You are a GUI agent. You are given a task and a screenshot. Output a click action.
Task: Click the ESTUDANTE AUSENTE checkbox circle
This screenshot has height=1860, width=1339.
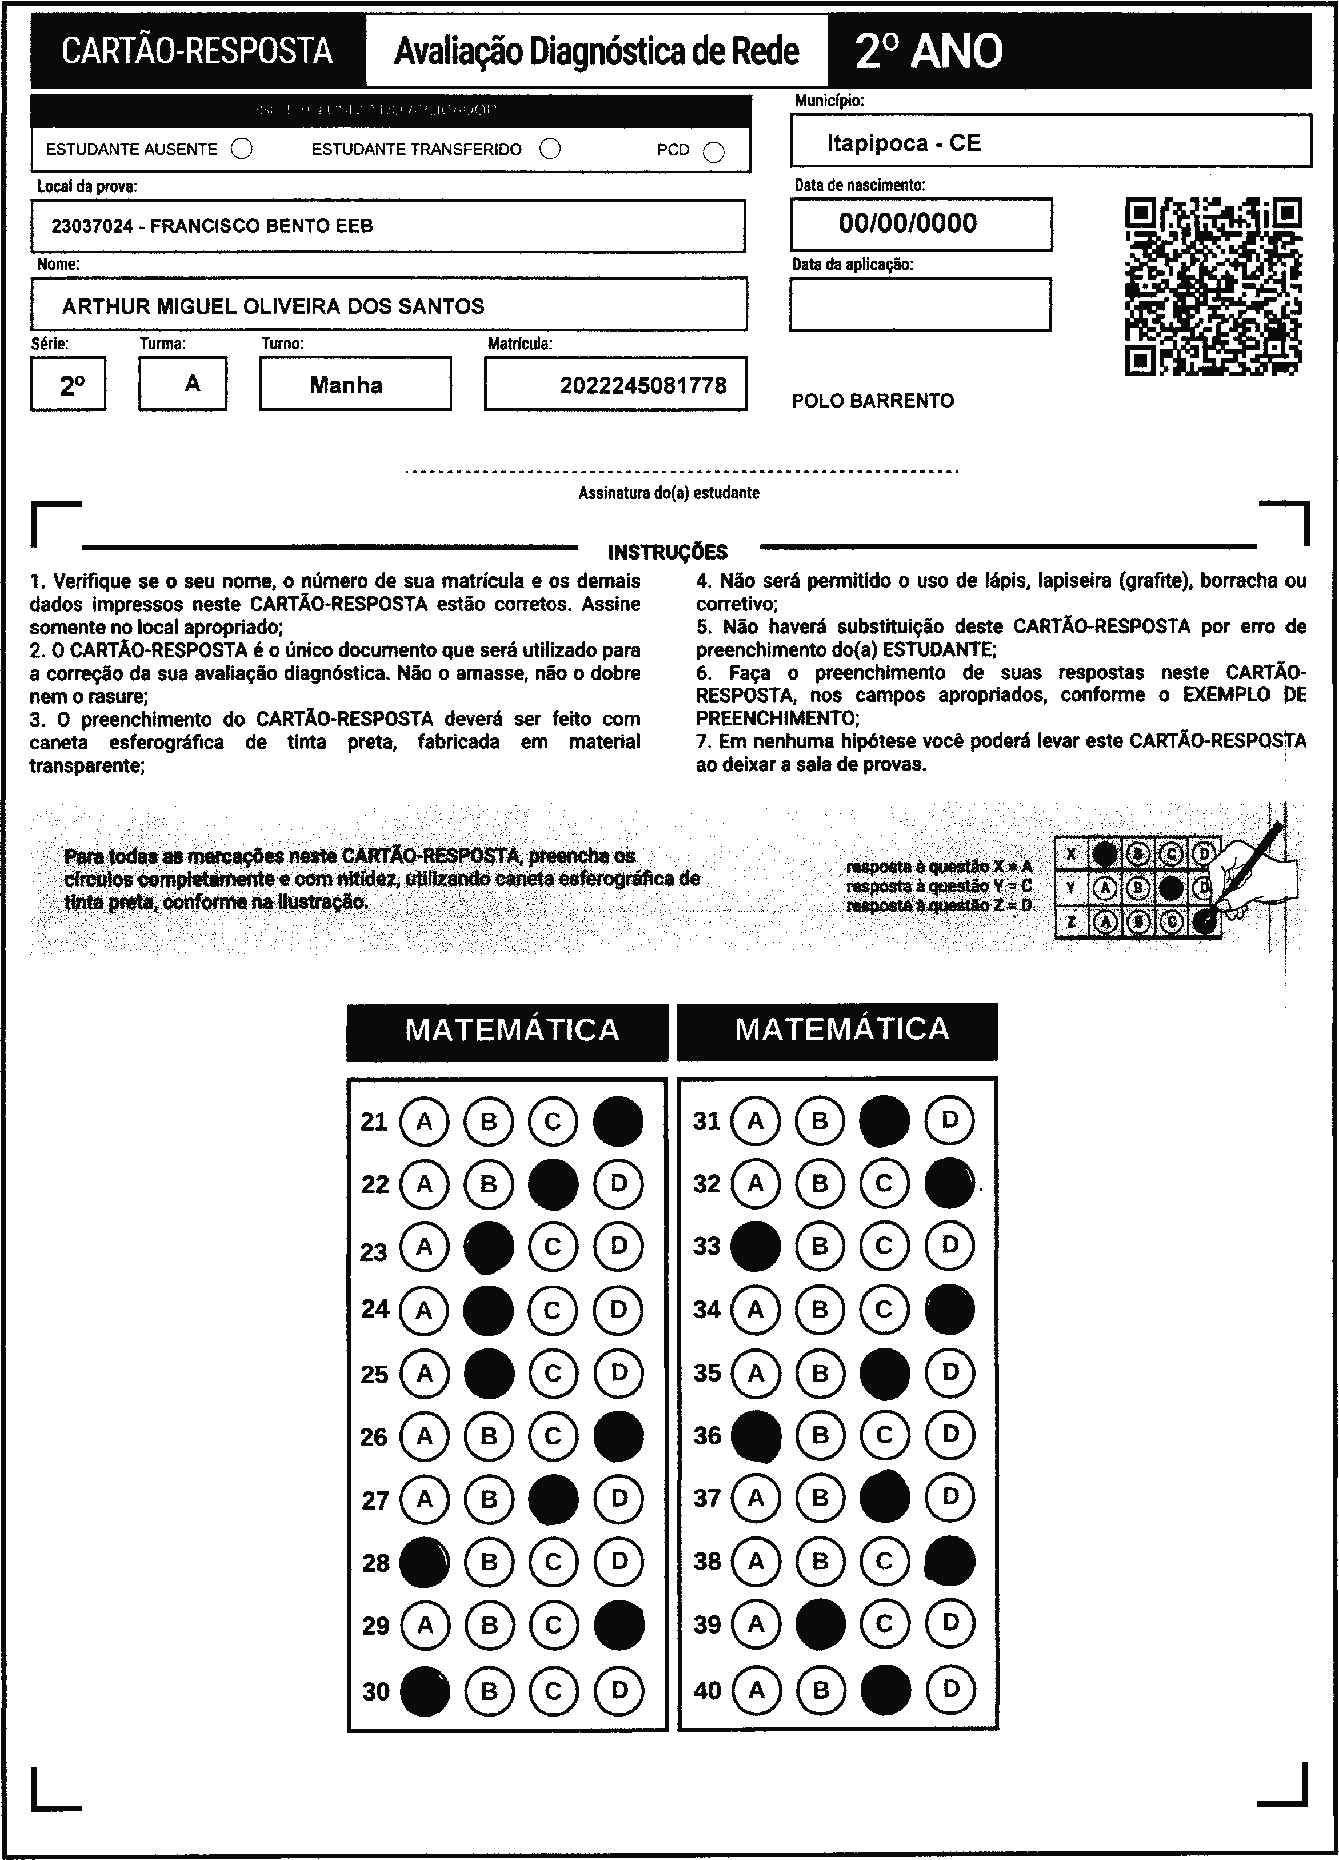pyautogui.click(x=242, y=149)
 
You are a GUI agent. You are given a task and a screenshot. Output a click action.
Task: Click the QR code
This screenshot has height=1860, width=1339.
pyautogui.click(x=1213, y=286)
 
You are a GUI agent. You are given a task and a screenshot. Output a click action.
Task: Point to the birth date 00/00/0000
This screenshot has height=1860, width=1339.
pyautogui.click(x=907, y=223)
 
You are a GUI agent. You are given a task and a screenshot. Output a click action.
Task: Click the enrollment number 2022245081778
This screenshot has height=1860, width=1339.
pyautogui.click(x=643, y=385)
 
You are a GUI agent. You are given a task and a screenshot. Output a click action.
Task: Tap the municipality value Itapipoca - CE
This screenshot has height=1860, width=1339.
pyautogui.click(x=903, y=143)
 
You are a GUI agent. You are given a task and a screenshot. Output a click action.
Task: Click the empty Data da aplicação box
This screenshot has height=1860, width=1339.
pyautogui.click(x=920, y=304)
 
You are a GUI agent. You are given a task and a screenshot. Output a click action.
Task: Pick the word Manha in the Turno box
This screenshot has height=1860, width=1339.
pyautogui.click(x=346, y=385)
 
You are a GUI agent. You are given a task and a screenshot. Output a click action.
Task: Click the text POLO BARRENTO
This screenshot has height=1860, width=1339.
pyautogui.click(x=873, y=401)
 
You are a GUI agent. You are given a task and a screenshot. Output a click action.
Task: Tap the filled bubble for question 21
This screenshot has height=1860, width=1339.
pyautogui.click(x=618, y=1121)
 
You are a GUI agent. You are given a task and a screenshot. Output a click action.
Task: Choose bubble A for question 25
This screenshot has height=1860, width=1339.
pyautogui.click(x=424, y=1373)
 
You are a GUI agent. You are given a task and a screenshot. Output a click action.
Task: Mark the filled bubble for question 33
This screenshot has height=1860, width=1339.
pyautogui.click(x=755, y=1246)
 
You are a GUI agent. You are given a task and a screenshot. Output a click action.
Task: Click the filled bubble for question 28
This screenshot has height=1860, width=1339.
pyautogui.click(x=424, y=1562)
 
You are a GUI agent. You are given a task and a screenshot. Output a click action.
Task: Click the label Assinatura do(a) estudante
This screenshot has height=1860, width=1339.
pyautogui.click(x=668, y=493)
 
